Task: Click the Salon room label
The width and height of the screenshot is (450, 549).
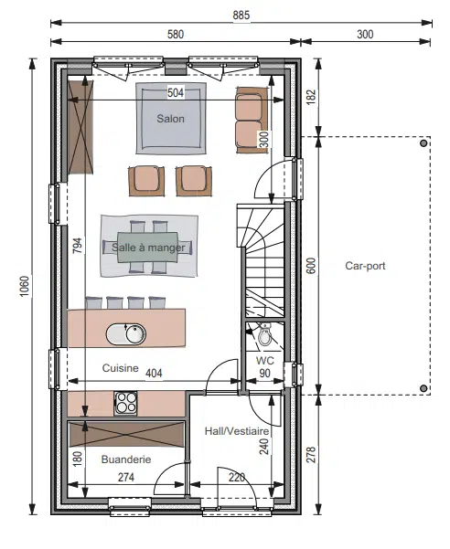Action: coord(170,119)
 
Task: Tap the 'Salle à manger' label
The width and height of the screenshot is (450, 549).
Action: coord(148,248)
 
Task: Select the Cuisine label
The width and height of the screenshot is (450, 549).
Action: coord(120,368)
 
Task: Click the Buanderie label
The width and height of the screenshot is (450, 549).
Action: coord(126,459)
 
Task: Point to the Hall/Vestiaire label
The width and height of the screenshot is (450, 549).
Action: coord(237,431)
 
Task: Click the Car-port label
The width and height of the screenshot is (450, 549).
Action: coord(365,266)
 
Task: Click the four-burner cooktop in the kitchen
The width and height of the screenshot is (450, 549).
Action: coord(125,403)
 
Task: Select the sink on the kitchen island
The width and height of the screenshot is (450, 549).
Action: coord(126,334)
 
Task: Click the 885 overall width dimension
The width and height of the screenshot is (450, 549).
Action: coord(241,15)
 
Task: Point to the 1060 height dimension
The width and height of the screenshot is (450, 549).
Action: coord(24,287)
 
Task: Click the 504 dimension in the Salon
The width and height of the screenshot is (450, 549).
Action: coord(176,93)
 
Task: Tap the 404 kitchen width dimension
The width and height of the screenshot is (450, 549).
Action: coord(154,374)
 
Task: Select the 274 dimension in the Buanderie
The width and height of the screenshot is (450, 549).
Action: coord(126,477)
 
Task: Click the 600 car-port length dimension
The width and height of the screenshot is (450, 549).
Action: coord(311,266)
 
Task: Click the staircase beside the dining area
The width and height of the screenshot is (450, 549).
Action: coord(261,261)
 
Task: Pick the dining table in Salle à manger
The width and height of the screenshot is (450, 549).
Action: coord(147,247)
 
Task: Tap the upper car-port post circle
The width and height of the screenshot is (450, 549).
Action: coord(423,143)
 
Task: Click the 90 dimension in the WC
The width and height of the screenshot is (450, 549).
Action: coord(265,374)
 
